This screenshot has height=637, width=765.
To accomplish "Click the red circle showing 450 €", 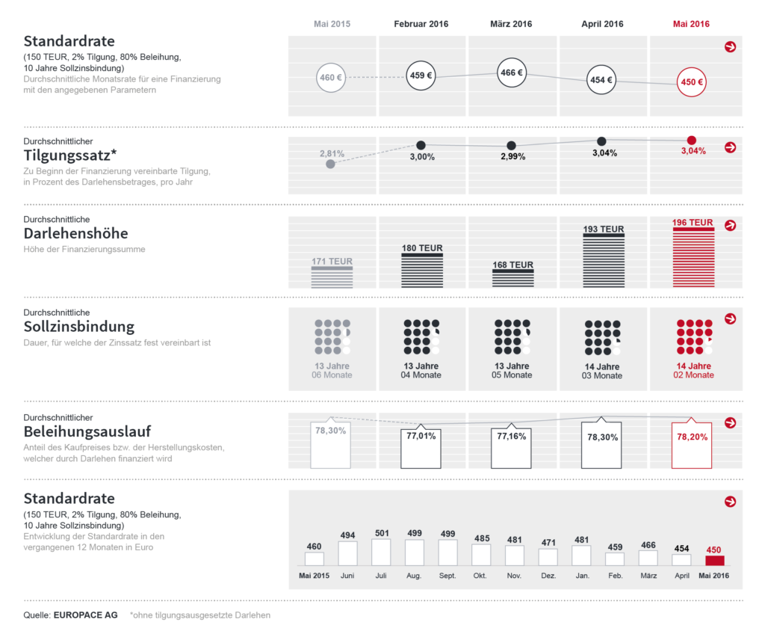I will click(691, 82).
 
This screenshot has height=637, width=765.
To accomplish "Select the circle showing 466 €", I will click(511, 73).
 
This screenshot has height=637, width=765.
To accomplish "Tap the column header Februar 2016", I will click(421, 24).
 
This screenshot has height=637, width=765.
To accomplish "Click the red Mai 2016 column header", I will click(691, 24).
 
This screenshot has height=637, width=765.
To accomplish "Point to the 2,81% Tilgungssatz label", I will click(332, 153).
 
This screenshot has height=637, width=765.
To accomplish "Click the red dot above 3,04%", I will click(692, 140).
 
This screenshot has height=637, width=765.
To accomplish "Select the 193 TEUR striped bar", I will click(602, 260).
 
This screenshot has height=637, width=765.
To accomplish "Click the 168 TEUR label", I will click(512, 265).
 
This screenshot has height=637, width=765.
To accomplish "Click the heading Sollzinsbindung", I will click(79, 327).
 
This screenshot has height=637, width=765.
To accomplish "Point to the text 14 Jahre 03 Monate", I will click(602, 371).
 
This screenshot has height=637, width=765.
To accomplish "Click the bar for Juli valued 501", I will click(381, 552).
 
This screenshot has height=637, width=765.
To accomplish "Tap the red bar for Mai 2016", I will click(715, 560).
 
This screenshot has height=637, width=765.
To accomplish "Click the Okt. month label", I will click(480, 576).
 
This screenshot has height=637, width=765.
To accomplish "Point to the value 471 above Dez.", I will click(548, 543).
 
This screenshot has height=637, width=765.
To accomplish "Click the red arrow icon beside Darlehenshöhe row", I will click(731, 225).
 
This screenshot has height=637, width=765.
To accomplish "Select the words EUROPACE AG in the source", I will click(85, 615).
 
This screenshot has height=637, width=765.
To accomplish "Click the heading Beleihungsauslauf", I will click(87, 431).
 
